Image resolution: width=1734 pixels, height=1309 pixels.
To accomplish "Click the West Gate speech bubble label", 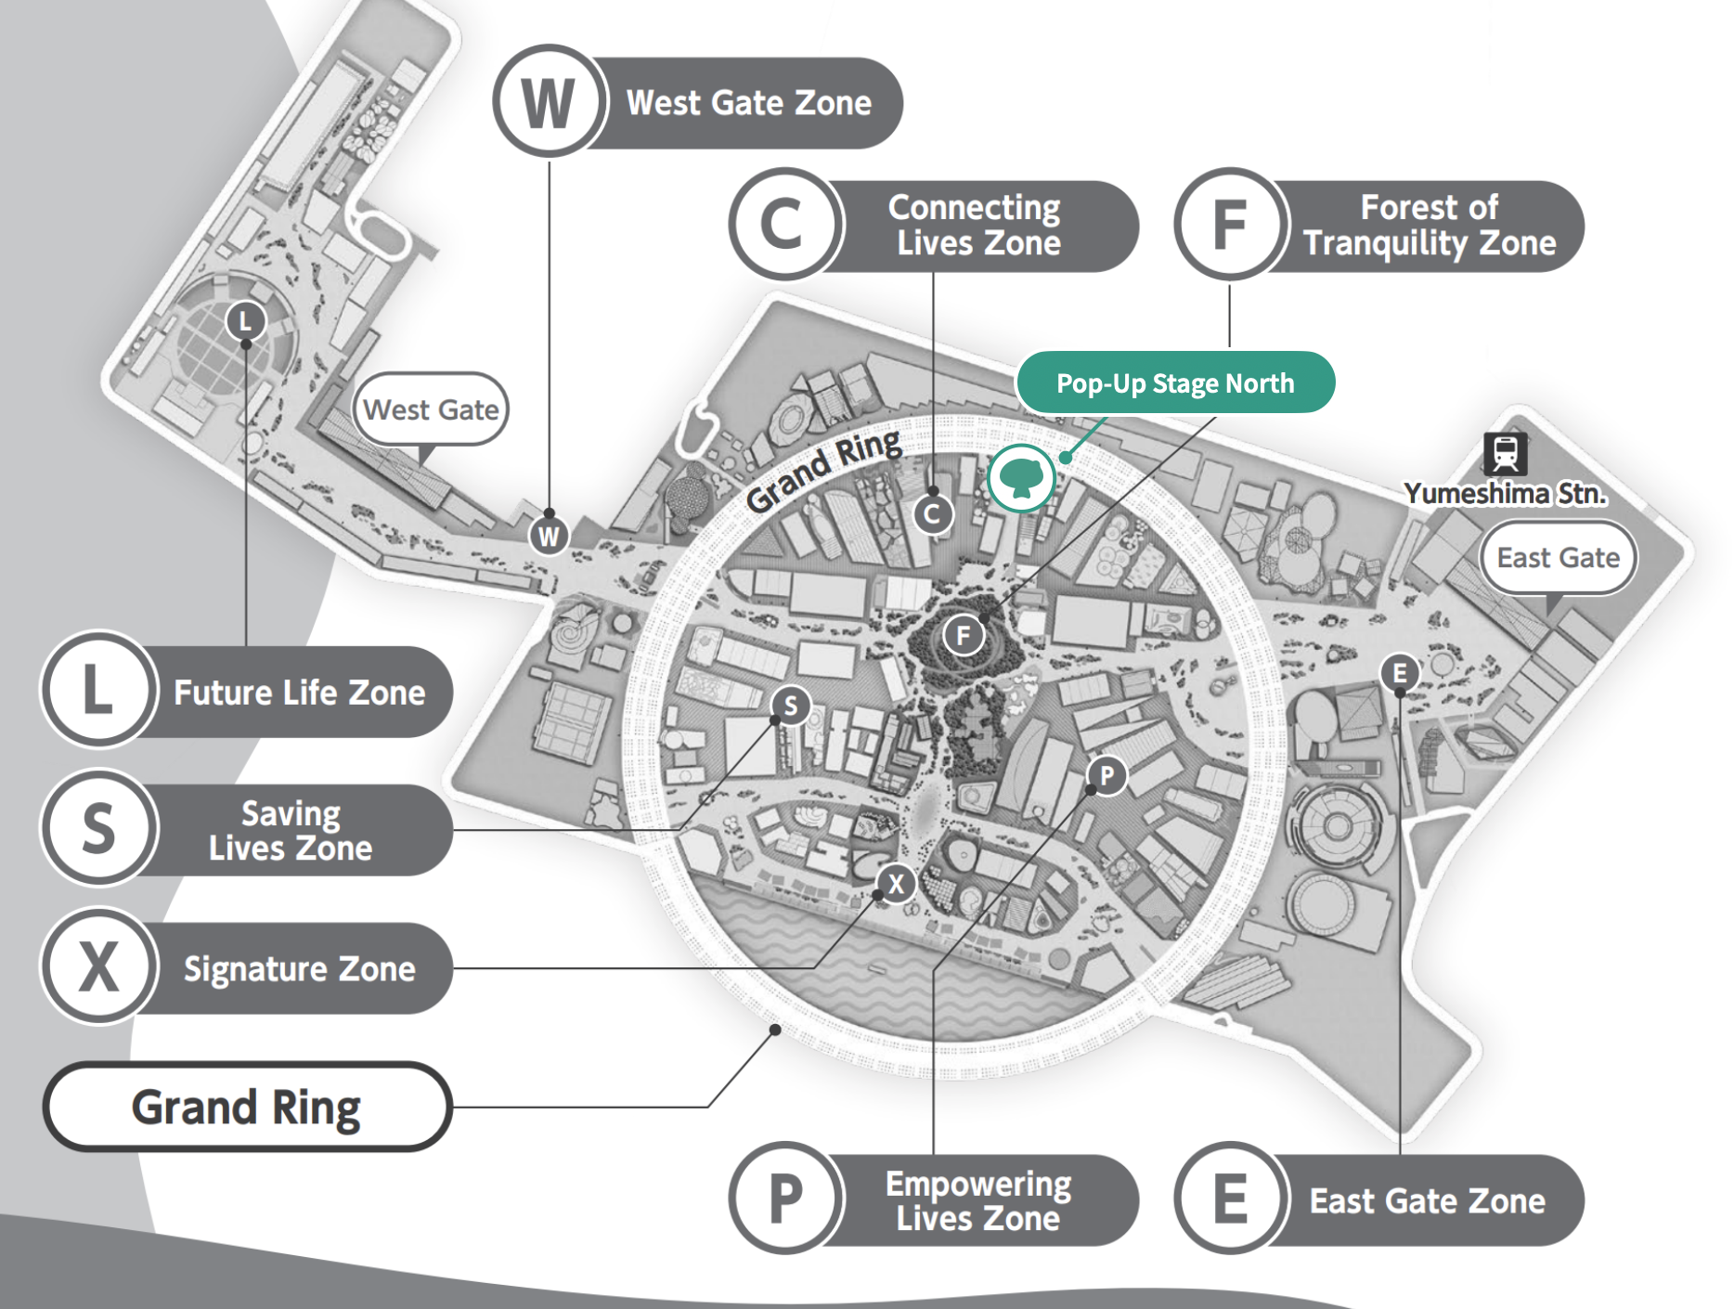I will point(431,409).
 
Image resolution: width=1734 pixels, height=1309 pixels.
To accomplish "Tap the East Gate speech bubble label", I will point(1558,557).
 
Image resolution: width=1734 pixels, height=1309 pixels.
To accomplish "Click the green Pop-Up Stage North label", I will point(1175,382).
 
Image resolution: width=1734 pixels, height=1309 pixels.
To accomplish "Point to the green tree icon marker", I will point(1021,478).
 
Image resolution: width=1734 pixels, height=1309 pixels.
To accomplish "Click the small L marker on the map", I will point(245,321).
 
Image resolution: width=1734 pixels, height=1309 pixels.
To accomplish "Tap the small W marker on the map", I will point(549,536).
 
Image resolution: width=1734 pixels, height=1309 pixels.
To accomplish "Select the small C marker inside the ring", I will point(933,513).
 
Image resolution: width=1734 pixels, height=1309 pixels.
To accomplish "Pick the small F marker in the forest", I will point(964,636).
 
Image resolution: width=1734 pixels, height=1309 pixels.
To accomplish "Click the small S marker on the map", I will point(790,706).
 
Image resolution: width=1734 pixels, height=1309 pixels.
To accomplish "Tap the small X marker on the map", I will point(896,883).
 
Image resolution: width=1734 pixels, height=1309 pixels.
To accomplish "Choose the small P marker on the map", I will point(1106,775).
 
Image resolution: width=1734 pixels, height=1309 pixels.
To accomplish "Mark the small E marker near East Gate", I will point(1400,672).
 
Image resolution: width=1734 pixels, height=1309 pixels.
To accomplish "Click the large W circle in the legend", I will point(549,102).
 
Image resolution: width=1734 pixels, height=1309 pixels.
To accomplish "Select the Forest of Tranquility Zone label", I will point(1430,225).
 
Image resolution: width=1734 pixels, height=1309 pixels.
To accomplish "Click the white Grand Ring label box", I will point(247,1107).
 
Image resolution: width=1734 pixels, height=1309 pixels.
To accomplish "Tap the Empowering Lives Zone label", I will point(979,1199).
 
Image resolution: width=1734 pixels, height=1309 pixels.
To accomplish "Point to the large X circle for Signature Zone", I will point(98,966).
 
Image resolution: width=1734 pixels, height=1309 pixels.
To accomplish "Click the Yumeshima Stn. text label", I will point(1505,494).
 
